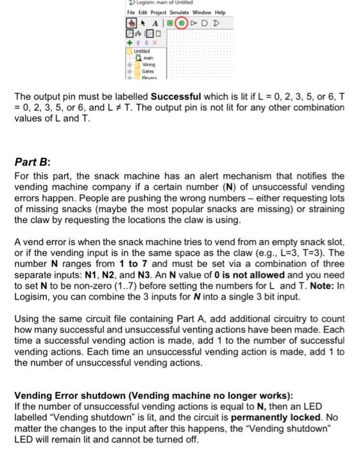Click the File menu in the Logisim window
(x=130, y=13)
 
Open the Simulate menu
(x=176, y=13)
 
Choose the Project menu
(x=156, y=13)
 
